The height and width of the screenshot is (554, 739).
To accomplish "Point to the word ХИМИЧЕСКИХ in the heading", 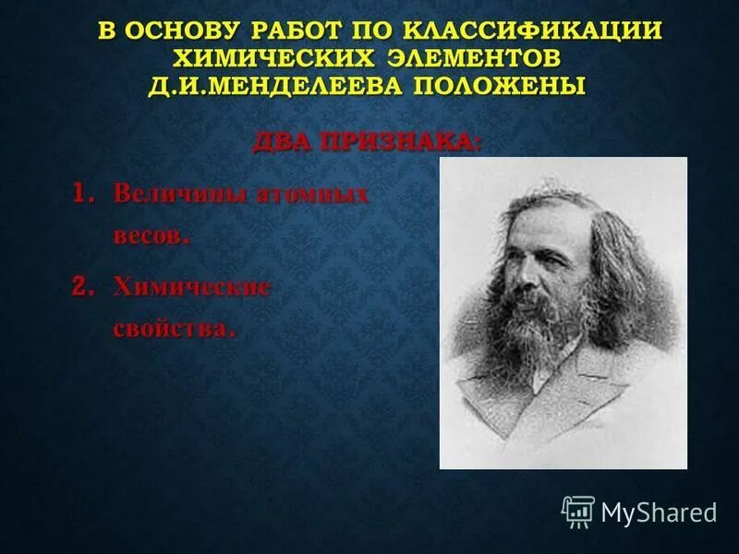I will pyautogui.click(x=268, y=58).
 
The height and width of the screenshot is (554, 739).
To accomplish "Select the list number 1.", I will pyautogui.click(x=84, y=195).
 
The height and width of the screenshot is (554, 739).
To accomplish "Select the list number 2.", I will pyautogui.click(x=84, y=287).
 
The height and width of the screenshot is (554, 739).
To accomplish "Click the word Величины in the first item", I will pyautogui.click(x=175, y=195).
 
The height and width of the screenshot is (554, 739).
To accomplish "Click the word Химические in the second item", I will pyautogui.click(x=192, y=287).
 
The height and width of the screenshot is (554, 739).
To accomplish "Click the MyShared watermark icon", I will pyautogui.click(x=578, y=511).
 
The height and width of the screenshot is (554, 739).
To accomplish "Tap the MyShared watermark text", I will pyautogui.click(x=659, y=512).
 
